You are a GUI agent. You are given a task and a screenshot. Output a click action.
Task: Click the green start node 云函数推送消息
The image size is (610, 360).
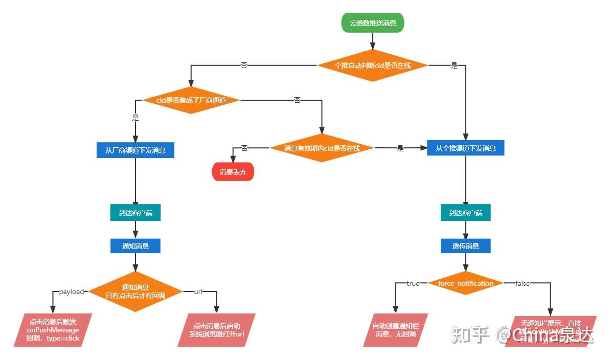click(x=373, y=23)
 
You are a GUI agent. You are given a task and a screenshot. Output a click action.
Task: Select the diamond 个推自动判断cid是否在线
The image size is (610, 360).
click(x=373, y=65)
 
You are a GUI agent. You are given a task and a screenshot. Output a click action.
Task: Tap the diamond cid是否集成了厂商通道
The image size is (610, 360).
click(x=191, y=100)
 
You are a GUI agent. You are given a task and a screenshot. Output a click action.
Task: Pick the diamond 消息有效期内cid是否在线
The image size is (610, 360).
click(x=322, y=148)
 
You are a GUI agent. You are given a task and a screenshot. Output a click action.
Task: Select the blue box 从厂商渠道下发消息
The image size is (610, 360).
click(x=135, y=150)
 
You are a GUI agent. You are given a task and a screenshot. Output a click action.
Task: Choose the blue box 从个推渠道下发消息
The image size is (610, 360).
click(x=465, y=148)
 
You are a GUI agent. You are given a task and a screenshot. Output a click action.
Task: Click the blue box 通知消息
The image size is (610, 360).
click(x=135, y=245)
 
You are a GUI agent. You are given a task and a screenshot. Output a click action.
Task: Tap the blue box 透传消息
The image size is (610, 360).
click(x=465, y=245)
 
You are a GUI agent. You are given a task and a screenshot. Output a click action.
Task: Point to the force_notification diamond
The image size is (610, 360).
click(x=465, y=283)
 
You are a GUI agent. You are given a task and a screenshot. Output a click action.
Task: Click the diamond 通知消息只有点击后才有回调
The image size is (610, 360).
click(x=135, y=291)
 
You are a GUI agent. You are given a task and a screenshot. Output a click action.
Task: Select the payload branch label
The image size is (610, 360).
click(x=71, y=291)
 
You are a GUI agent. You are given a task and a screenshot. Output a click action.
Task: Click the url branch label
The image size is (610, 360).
click(x=198, y=291)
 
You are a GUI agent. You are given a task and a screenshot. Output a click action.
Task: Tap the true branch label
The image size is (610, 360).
click(x=413, y=283)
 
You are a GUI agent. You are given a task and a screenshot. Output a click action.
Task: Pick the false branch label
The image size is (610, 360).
click(x=522, y=283)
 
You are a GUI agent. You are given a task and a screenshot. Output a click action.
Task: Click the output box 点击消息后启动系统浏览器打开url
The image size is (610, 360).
click(x=216, y=330)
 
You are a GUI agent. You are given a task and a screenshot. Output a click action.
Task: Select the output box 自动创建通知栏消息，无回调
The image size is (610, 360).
click(x=395, y=330)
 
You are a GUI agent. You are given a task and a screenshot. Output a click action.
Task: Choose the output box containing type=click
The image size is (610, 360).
click(x=53, y=330)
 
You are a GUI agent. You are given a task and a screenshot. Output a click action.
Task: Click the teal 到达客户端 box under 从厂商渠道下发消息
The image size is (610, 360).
click(x=135, y=213)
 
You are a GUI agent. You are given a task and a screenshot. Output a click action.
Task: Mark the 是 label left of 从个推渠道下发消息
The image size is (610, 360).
click(x=400, y=148)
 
